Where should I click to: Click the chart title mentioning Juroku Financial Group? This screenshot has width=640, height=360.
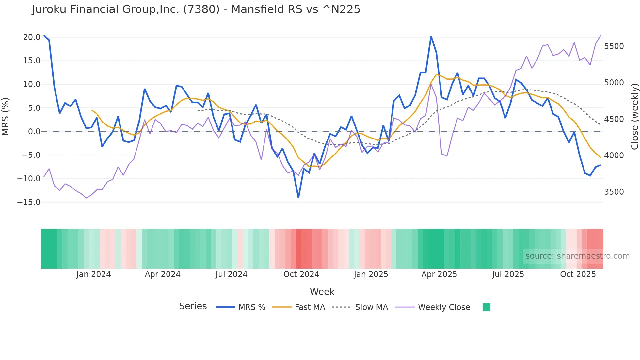point(196,9)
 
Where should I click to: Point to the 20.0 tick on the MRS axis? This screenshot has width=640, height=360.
point(32,37)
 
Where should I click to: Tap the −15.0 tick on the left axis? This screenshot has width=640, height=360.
point(29,202)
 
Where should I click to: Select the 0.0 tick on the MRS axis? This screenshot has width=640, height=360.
point(34,132)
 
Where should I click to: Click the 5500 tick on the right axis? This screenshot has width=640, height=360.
point(614,46)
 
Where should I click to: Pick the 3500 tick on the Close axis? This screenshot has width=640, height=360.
point(614,192)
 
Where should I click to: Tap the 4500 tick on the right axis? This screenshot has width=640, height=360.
point(614,119)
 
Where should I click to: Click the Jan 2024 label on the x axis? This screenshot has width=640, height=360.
point(94,274)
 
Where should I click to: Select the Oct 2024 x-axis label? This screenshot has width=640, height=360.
point(301,274)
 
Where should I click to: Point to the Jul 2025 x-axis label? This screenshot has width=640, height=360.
point(508,274)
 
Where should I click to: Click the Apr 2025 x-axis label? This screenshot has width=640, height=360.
point(439,274)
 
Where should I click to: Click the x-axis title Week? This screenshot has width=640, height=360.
point(322,292)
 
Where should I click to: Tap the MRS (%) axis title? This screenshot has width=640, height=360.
point(6,117)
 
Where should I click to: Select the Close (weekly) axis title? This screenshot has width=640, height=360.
point(634,117)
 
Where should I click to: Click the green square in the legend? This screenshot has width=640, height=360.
point(486,307)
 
